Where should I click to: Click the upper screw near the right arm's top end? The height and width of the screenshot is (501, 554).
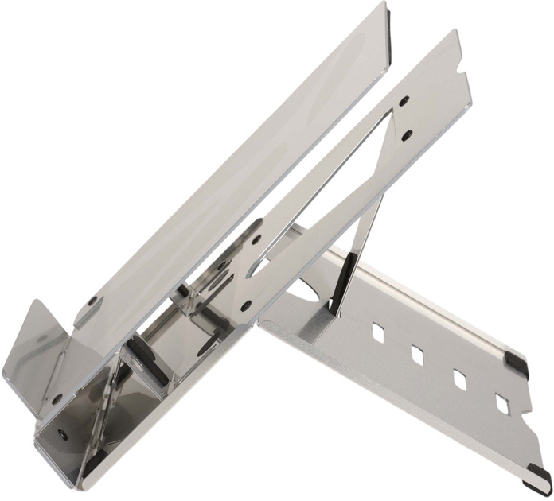click(404, 100)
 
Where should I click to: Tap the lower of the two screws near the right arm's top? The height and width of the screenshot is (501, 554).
click(408, 133)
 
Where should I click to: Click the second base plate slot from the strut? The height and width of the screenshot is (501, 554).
click(416, 354)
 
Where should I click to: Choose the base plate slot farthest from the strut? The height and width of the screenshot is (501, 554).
click(502, 404)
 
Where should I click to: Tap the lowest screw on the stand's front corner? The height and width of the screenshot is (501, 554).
click(61, 434)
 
